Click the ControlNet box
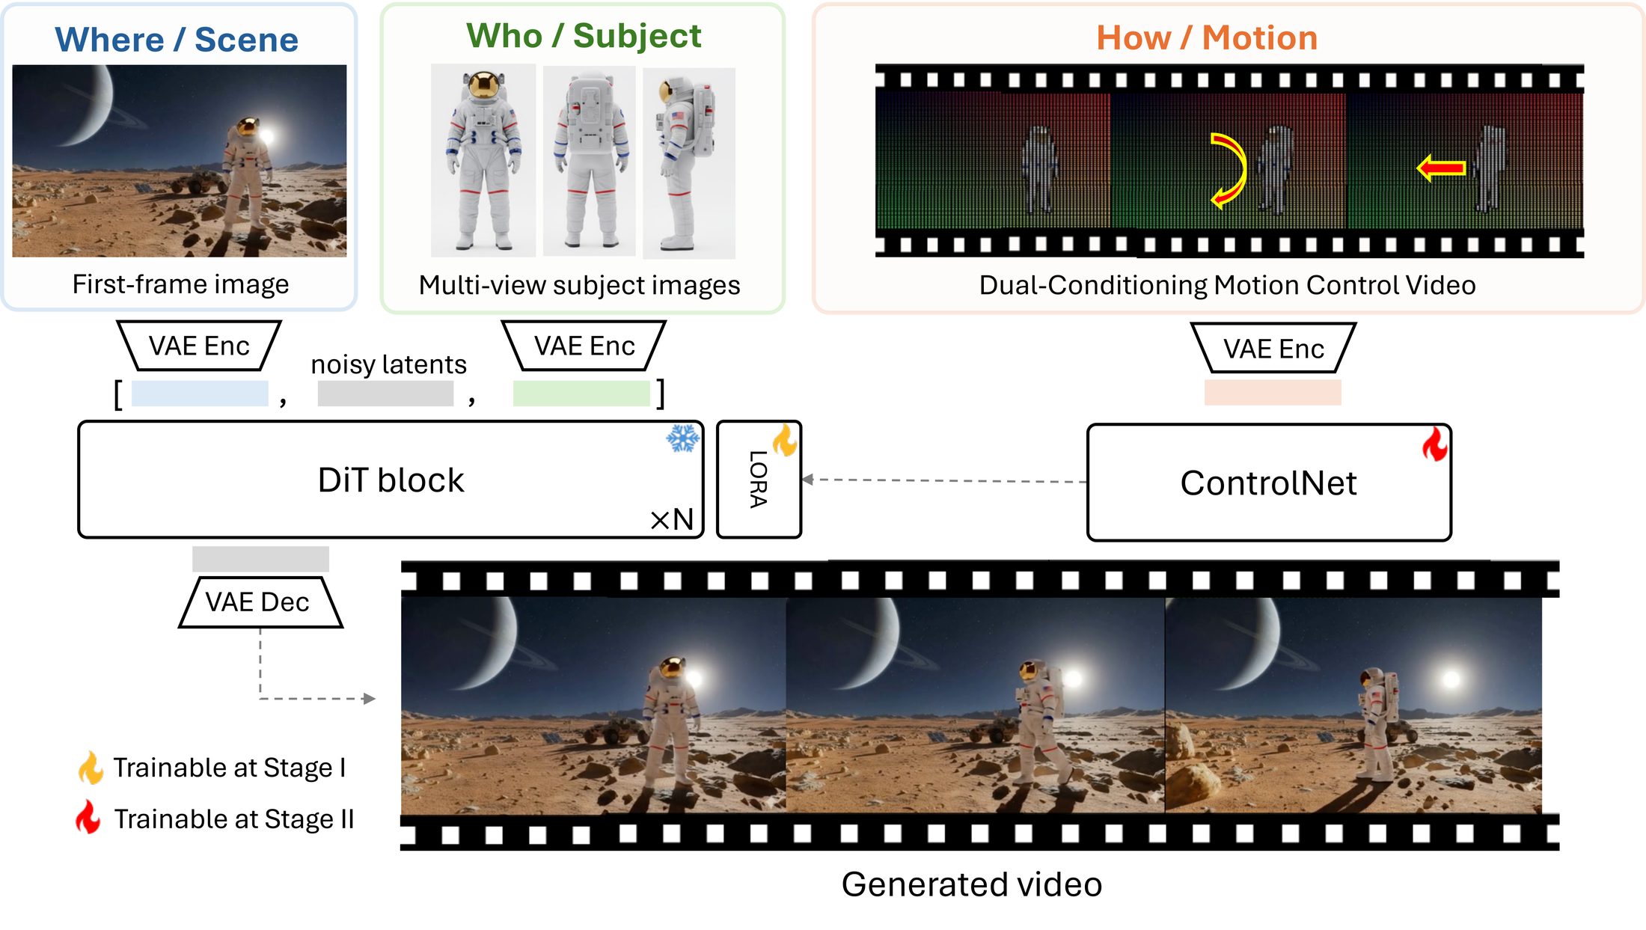pyautogui.click(x=1269, y=483)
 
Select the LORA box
pyautogui.click(x=759, y=480)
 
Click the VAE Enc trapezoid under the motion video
pyautogui.click(x=1273, y=348)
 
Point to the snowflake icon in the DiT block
pyautogui.click(x=682, y=439)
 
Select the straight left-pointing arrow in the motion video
pyautogui.click(x=1440, y=168)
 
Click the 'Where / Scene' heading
pyautogui.click(x=177, y=40)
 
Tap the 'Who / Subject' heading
pyautogui.click(x=584, y=36)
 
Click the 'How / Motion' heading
pyautogui.click(x=1207, y=38)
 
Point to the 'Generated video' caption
pyautogui.click(x=971, y=884)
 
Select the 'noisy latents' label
pyautogui.click(x=388, y=364)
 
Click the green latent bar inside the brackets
pyautogui.click(x=581, y=394)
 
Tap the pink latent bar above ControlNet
pyautogui.click(x=1272, y=393)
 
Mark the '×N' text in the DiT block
pyautogui.click(x=672, y=519)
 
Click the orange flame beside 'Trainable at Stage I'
pyautogui.click(x=91, y=768)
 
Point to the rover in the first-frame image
pyautogui.click(x=196, y=181)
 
